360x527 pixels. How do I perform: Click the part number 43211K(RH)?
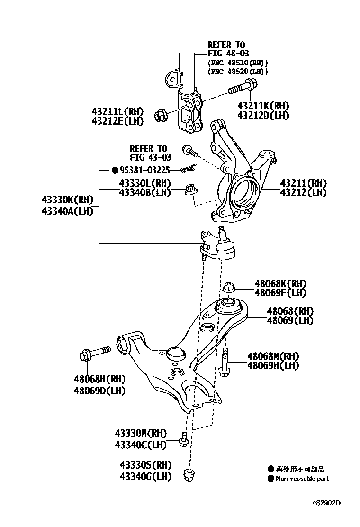click(x=263, y=106)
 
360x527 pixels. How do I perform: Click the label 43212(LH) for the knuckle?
click(x=303, y=192)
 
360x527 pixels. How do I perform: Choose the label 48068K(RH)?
click(x=280, y=283)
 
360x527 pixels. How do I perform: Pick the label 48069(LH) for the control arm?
click(x=290, y=320)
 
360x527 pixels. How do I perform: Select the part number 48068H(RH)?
click(x=99, y=379)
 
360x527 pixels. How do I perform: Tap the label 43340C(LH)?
click(x=141, y=445)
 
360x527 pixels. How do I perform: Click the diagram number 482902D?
click(x=326, y=502)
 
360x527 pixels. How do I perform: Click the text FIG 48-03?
click(x=228, y=54)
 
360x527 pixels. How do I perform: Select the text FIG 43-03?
click(x=149, y=157)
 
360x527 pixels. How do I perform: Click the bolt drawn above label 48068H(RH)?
click(x=95, y=353)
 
